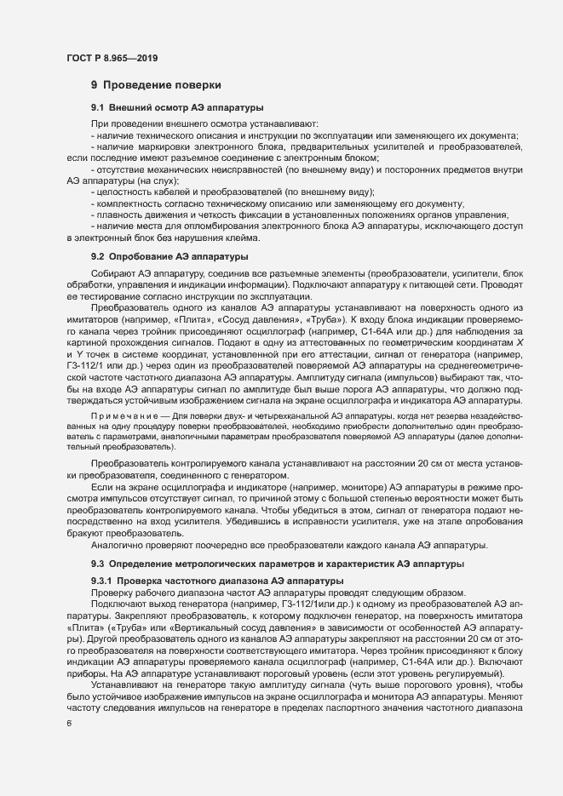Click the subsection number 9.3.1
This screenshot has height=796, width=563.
tap(102, 579)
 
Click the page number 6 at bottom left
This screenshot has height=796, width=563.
tap(69, 723)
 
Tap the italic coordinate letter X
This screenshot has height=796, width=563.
tap(515, 341)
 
